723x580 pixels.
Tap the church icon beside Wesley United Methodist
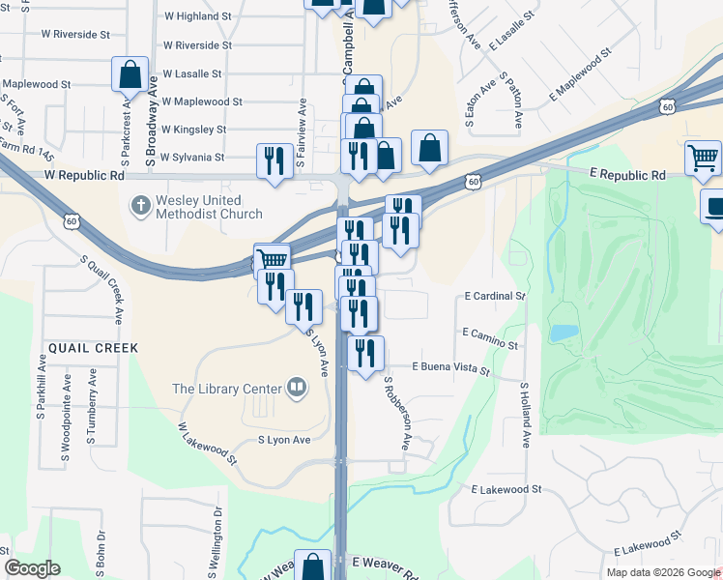tap(140, 205)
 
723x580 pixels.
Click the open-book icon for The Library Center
tap(297, 389)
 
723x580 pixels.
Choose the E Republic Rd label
tap(627, 175)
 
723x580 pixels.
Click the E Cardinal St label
tap(494, 296)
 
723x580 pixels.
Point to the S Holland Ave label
tap(526, 415)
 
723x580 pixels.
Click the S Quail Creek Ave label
tap(102, 289)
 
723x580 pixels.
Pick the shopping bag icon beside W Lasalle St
tap(130, 73)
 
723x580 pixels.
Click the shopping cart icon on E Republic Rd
tap(703, 158)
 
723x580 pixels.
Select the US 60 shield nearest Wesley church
tap(72, 221)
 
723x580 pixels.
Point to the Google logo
tap(33, 568)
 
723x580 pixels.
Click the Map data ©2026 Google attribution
tap(662, 572)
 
